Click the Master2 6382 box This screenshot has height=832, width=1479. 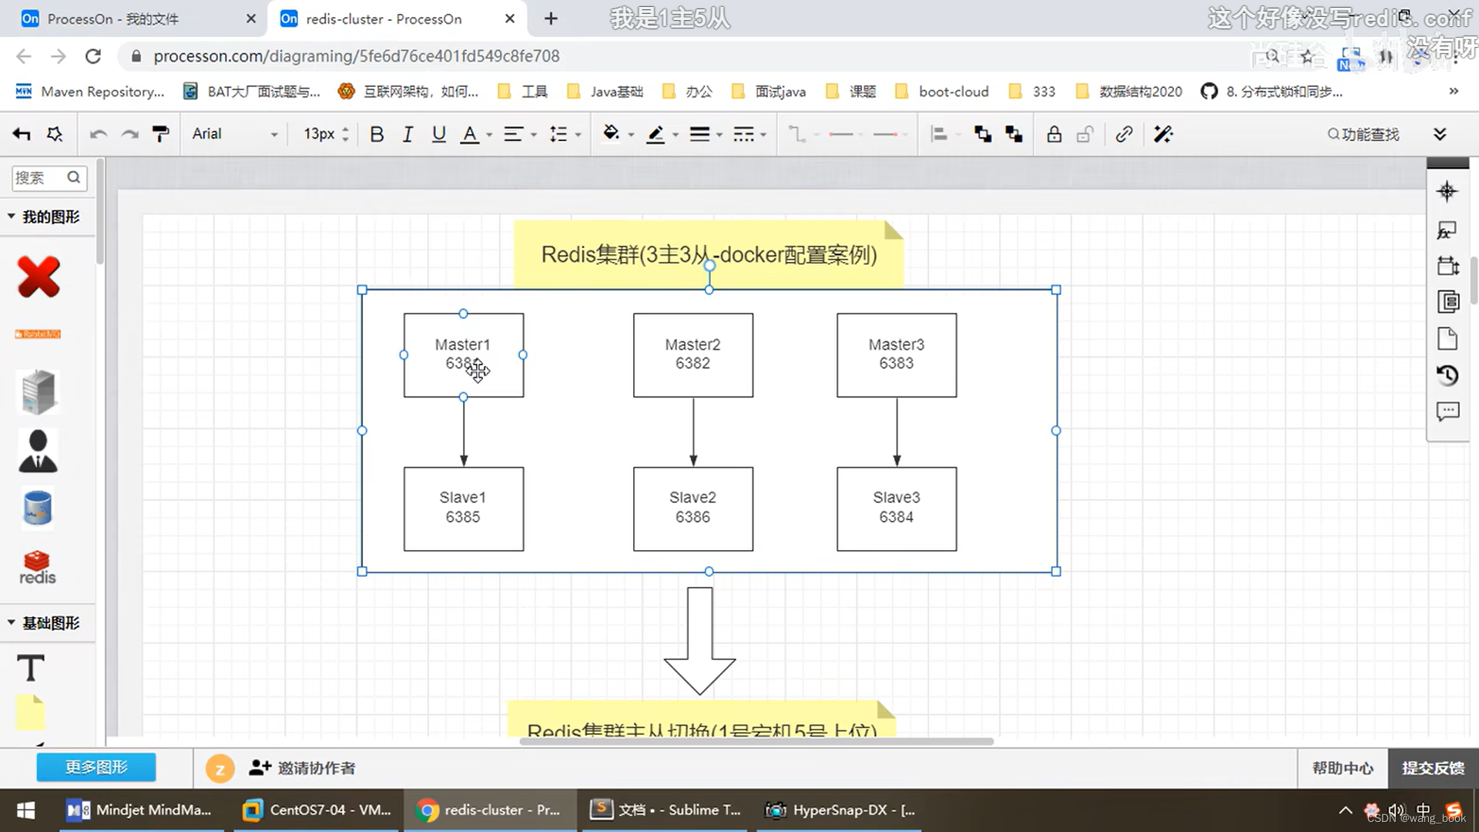click(x=693, y=354)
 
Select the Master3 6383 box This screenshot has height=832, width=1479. click(x=897, y=354)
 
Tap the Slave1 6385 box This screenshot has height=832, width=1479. click(x=463, y=508)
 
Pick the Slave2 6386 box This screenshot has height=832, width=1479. click(x=693, y=508)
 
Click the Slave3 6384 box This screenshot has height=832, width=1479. click(x=897, y=508)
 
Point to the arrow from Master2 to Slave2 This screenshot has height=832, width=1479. click(x=693, y=431)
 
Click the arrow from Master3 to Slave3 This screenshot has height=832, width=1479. click(x=897, y=431)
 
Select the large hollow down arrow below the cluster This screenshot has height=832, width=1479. click(x=699, y=642)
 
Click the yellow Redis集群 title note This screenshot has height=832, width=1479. click(x=708, y=254)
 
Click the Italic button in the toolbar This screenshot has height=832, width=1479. click(x=407, y=135)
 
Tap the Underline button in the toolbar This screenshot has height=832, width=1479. click(x=439, y=135)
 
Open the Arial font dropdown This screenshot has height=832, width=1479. click(x=234, y=134)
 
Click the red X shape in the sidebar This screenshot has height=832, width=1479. click(x=38, y=277)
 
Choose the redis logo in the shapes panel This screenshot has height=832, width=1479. click(x=37, y=568)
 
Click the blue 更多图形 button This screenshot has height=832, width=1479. click(x=96, y=767)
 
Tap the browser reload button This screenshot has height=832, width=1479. click(x=93, y=56)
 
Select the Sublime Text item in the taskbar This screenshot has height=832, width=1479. click(x=666, y=810)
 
